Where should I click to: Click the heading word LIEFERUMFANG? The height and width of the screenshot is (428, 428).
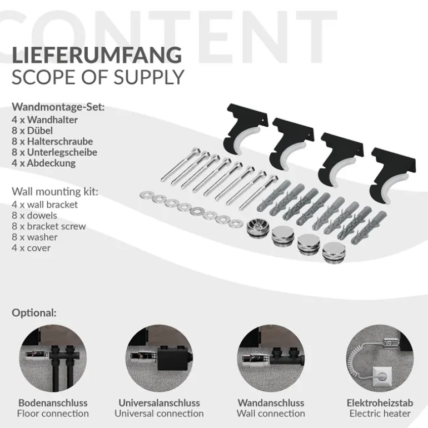tap(97, 55)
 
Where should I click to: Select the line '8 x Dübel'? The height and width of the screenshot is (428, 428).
tap(32, 131)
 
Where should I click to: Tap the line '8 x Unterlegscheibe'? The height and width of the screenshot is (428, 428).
tap(54, 152)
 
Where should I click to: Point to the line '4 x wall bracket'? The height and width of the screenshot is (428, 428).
tap(45, 205)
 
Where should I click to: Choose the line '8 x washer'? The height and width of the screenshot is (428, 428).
tap(34, 237)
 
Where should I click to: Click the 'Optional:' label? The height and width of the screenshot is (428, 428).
tap(34, 313)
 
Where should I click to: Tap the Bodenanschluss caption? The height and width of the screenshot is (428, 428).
tap(53, 403)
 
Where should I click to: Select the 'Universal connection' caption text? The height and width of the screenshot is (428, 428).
tap(159, 414)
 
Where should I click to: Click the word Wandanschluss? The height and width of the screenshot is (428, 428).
tap(271, 403)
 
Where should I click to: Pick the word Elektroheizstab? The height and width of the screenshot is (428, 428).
tap(380, 403)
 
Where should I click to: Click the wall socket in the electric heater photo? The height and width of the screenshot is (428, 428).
tap(382, 376)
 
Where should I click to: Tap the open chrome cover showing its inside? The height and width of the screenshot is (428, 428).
tap(258, 227)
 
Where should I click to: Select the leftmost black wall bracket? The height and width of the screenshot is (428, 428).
tap(245, 126)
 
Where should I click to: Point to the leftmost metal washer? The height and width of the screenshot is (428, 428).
tap(146, 195)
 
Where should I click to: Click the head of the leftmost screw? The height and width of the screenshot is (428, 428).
tap(196, 151)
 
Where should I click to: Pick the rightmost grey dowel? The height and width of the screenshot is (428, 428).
tap(369, 227)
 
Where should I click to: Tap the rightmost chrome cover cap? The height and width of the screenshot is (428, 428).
tap(334, 252)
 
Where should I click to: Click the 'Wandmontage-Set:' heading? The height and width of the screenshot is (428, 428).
tap(58, 107)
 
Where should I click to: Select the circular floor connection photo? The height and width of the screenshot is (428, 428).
tap(53, 359)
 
